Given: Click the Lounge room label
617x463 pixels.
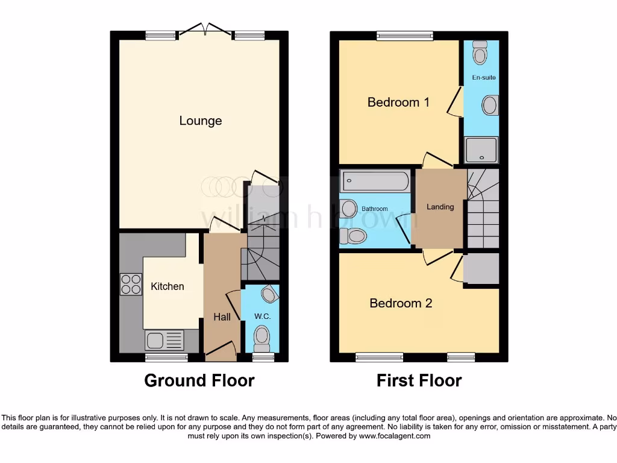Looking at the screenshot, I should (x=201, y=121).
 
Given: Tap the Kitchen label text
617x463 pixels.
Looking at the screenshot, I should (x=167, y=286).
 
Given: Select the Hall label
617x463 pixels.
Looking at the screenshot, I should (x=222, y=317).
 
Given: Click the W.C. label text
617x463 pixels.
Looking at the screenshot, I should (x=262, y=316).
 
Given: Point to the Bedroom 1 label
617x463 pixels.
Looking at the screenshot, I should (x=398, y=102).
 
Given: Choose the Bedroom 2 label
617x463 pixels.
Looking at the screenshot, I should (x=401, y=303).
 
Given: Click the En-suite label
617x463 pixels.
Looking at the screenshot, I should (x=484, y=78).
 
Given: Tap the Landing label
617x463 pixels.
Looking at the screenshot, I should (x=440, y=207).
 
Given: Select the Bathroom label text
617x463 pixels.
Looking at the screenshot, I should (x=375, y=209).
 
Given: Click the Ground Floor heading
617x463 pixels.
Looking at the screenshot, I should (x=199, y=381).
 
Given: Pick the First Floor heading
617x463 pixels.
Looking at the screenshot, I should (x=419, y=381).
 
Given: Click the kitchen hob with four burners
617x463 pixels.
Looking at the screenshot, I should (x=131, y=284).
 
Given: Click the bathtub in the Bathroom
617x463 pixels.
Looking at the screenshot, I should (x=375, y=180).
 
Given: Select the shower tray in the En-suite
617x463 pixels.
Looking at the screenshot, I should (x=481, y=150).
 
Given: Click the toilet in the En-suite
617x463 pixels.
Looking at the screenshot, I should (x=480, y=53).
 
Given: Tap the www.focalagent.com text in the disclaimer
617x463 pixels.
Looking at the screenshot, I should (x=396, y=436).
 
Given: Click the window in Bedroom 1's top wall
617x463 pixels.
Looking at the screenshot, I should (x=397, y=36).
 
